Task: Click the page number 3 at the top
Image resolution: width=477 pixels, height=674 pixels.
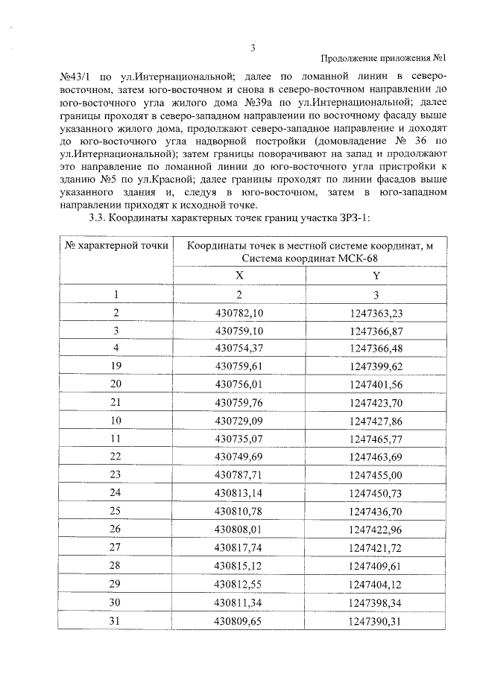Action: coord(253,48)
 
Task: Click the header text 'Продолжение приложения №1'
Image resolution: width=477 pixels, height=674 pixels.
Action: coord(383,59)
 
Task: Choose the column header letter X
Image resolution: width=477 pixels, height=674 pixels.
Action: coord(239,275)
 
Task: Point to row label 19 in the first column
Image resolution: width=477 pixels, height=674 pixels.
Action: coord(116,366)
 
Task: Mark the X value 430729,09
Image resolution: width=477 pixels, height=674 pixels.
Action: coord(239,420)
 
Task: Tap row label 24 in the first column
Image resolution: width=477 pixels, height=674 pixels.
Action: coord(116,493)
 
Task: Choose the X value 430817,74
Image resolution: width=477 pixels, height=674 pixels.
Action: coord(239,547)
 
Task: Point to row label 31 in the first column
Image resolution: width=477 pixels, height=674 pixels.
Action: coord(116,619)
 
